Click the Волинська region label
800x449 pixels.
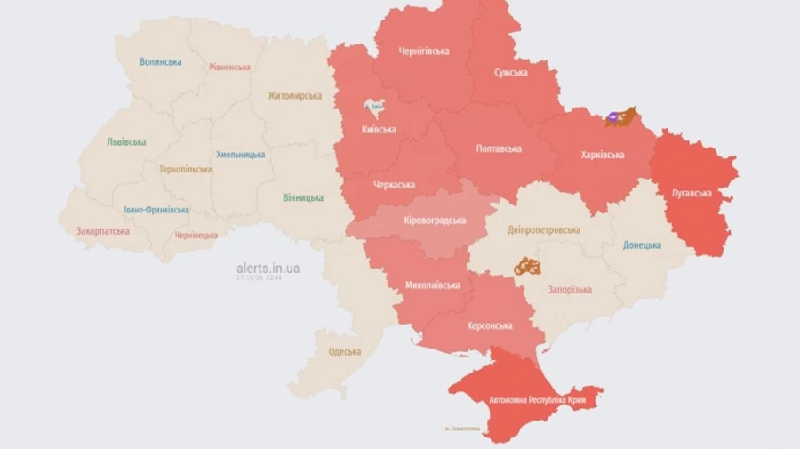coord(161,62)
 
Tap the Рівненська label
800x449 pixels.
coord(230,67)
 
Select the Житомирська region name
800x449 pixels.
coord(294,96)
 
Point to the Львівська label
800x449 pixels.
coord(126,142)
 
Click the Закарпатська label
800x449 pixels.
coord(102,231)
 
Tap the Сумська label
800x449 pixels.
coord(511,73)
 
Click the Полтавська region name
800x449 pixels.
coord(499,148)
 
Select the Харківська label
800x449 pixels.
coord(602,155)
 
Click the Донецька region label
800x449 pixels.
coord(642,245)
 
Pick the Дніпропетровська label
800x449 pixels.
coord(544,230)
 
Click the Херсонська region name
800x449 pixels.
coord(490,325)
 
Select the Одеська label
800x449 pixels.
coord(345,351)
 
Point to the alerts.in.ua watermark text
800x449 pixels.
coord(268,268)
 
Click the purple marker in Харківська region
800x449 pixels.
coord(612,116)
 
